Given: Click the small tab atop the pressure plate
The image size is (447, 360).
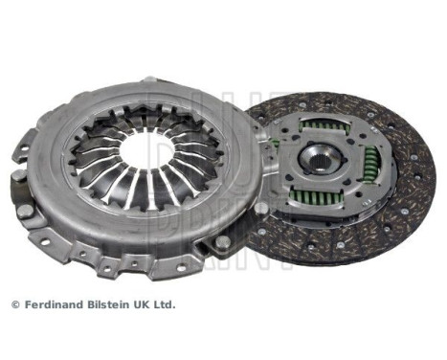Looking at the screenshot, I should tap(147, 82).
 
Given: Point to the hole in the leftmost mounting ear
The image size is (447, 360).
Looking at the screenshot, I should tap(21, 152).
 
